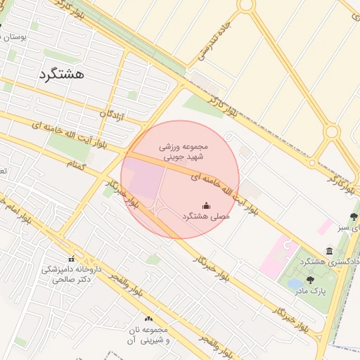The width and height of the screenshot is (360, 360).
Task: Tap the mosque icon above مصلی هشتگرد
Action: [206, 205]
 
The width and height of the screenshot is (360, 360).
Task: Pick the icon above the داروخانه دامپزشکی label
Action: [71, 259]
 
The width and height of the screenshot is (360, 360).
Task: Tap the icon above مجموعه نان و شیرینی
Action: [148, 319]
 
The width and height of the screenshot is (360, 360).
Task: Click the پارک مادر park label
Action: [309, 289]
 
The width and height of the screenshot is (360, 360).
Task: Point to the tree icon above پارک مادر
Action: [310, 279]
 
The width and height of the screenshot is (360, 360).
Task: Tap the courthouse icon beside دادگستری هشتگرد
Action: [329, 251]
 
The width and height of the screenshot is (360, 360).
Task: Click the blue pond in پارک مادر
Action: [295, 283]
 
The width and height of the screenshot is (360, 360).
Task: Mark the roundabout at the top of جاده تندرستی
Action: [245, 5]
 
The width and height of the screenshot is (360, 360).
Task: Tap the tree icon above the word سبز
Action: [353, 217]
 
